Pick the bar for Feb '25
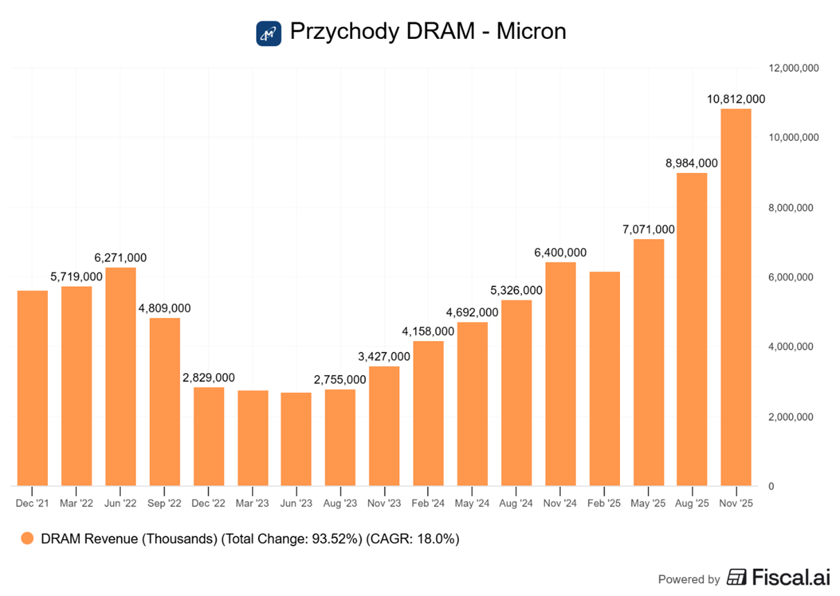tap(604, 379)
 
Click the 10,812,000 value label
tap(736, 99)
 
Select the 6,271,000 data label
tap(121, 258)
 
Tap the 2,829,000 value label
tap(209, 378)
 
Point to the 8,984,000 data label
tap(692, 163)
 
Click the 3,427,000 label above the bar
tap(385, 356)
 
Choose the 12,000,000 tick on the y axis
tap(794, 68)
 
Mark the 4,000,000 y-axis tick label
tap(794, 347)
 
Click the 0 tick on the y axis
tap(771, 486)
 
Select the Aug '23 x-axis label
tap(340, 503)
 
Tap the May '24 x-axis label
tap(472, 503)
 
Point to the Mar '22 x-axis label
tap(76, 503)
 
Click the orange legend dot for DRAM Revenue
tap(28, 538)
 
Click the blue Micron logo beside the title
tap(269, 33)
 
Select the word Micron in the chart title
tap(531, 32)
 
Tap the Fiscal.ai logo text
tap(789, 577)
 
